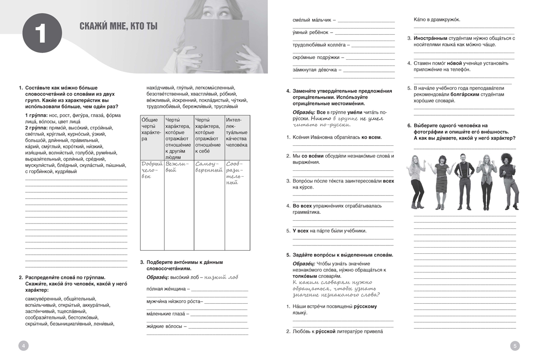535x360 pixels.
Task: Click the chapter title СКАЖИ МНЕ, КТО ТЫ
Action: click(x=119, y=27)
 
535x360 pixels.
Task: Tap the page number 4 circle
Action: click(x=23, y=345)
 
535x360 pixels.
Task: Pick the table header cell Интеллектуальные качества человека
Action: click(x=237, y=132)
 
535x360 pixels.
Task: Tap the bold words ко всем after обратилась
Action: click(x=371, y=137)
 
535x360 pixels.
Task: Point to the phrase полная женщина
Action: click(x=165, y=289)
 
